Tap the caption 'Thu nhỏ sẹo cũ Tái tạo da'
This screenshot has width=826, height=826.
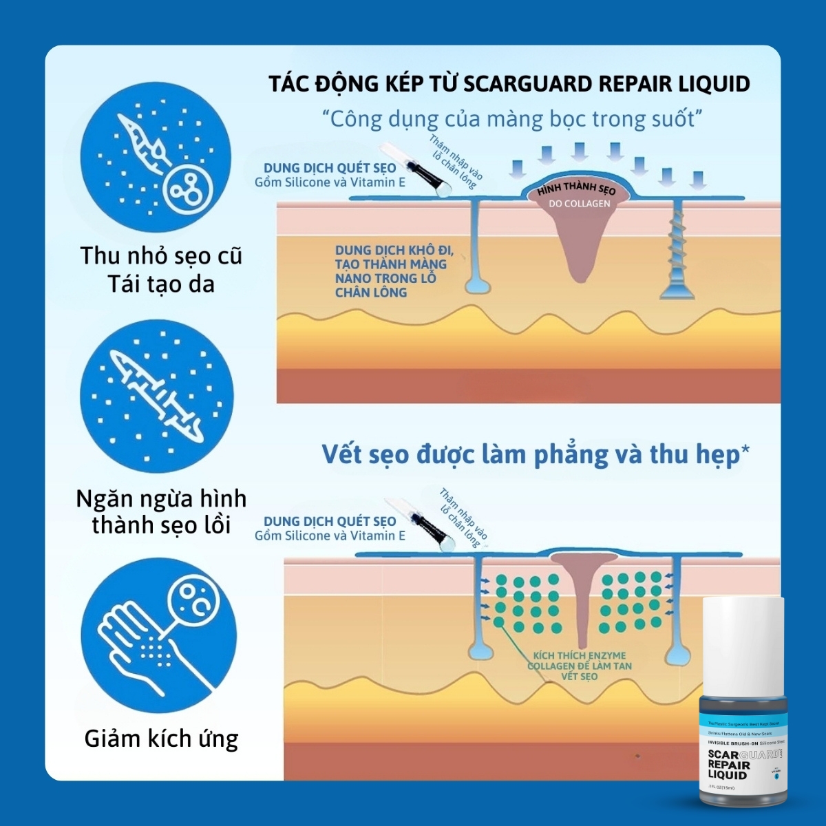point(161,269)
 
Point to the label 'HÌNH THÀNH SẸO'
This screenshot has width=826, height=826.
point(577,189)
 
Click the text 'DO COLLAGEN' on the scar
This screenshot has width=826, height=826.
point(579,204)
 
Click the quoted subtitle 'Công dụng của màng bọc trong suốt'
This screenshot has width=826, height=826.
point(513,119)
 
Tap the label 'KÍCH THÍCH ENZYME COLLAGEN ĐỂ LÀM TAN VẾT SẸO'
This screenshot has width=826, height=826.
point(579,666)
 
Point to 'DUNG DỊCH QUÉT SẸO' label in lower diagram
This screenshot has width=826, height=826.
point(330,521)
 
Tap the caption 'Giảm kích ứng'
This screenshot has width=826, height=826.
point(161,739)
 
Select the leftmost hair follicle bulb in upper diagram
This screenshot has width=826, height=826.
point(474,284)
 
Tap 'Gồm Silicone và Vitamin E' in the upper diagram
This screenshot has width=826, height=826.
point(330,182)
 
